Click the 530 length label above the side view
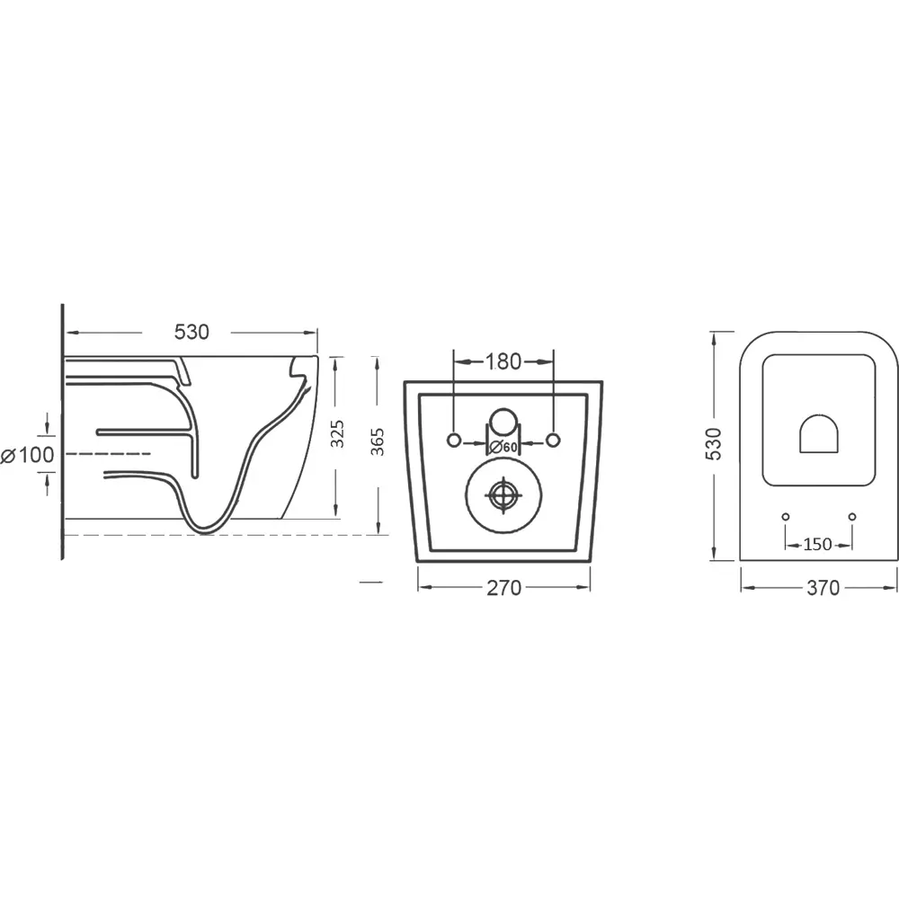pos(191,332)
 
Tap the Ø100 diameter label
pos(28,455)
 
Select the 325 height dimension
pos(338,434)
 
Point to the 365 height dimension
pos(378,442)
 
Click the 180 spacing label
pos(503,361)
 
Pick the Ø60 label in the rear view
pos(503,447)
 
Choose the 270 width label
pos(504,588)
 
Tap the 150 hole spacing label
pos(817,544)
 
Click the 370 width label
pos(823,588)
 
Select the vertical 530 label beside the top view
pos(714,444)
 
